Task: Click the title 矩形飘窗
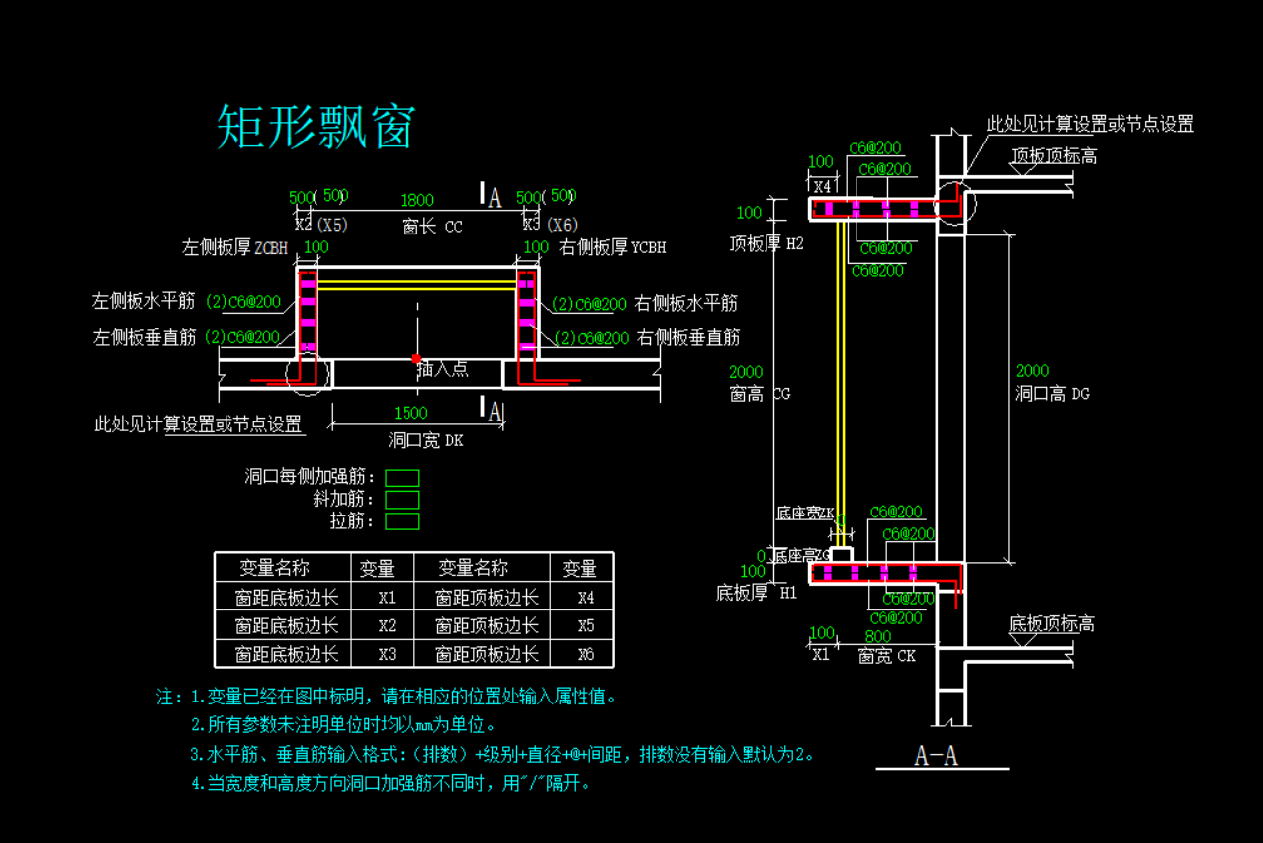pyautogui.click(x=315, y=127)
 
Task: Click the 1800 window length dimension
pyautogui.click(x=416, y=201)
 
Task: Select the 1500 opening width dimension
pyautogui.click(x=410, y=413)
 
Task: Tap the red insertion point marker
pyautogui.click(x=416, y=358)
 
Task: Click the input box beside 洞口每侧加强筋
pyautogui.click(x=402, y=478)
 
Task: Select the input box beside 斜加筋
pyautogui.click(x=402, y=500)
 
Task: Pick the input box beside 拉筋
pyautogui.click(x=402, y=521)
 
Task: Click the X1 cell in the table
pyautogui.click(x=387, y=598)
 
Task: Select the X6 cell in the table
pyautogui.click(x=586, y=654)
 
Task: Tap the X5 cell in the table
pyautogui.click(x=586, y=626)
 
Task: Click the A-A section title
pyautogui.click(x=936, y=757)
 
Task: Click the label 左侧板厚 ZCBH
pyautogui.click(x=235, y=247)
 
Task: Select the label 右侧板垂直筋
pyautogui.click(x=688, y=338)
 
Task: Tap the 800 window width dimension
pyautogui.click(x=877, y=637)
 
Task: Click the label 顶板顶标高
pyautogui.click(x=1052, y=156)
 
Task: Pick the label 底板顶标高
pyautogui.click(x=1050, y=624)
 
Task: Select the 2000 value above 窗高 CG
pyautogui.click(x=746, y=372)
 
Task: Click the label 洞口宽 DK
pyautogui.click(x=425, y=440)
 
